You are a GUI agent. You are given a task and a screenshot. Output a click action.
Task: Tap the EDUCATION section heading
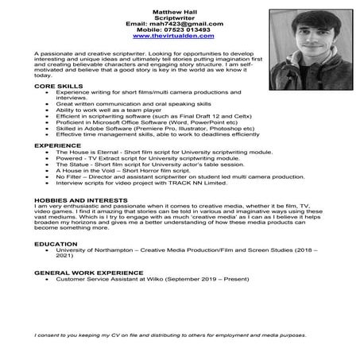point(56,243)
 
